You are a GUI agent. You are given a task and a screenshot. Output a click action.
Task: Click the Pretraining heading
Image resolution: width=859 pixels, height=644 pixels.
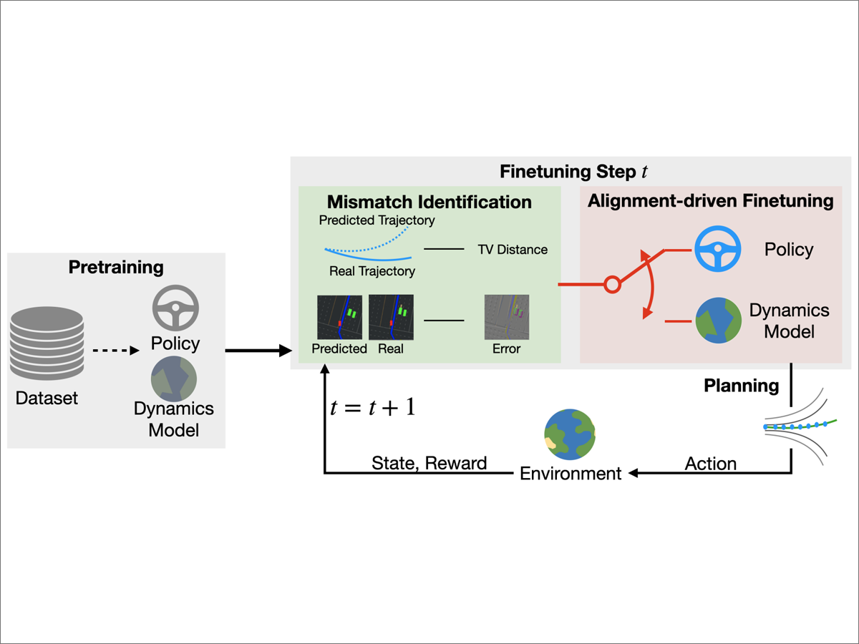116,268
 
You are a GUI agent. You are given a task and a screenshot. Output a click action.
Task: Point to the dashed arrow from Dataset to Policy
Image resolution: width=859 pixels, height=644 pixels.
112,350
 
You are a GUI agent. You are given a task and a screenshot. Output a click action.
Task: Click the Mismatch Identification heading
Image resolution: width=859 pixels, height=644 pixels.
429,202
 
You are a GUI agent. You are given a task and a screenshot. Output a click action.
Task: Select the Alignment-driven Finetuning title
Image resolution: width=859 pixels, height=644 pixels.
710,200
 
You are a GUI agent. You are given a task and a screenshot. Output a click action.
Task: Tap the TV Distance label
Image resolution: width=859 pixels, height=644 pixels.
513,250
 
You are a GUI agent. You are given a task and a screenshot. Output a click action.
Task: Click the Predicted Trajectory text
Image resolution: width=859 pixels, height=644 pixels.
377,220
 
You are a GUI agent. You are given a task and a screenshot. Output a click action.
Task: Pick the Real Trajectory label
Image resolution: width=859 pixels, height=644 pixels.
372,271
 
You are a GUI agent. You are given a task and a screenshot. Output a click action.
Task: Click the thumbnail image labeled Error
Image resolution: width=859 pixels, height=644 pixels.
506,317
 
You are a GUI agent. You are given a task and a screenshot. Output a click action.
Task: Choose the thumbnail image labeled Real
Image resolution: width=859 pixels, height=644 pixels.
391,317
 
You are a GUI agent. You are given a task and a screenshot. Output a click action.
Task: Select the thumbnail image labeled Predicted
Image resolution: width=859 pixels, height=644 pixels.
339,317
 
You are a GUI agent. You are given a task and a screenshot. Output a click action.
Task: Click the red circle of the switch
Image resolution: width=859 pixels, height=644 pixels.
611,285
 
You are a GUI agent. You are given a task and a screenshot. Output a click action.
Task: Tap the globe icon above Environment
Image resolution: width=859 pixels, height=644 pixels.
570,435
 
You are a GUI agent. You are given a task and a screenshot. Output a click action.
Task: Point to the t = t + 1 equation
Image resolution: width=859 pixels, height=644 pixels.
372,408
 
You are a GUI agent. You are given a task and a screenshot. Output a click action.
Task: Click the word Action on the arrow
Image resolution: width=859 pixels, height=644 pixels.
710,464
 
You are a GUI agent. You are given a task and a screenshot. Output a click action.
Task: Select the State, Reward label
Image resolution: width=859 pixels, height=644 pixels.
429,463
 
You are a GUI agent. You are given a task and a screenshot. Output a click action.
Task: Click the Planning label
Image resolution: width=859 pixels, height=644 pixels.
741,386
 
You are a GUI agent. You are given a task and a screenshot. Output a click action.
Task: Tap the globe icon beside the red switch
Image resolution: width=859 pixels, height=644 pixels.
718,321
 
